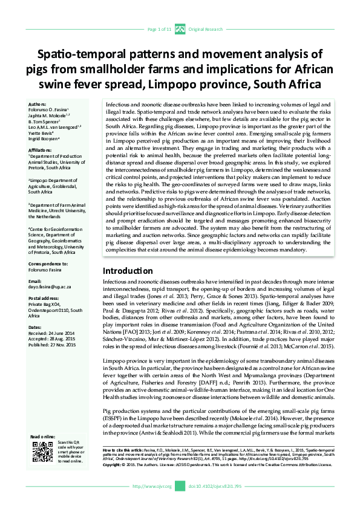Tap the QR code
[x=41, y=452]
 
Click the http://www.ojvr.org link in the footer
[x=152, y=486]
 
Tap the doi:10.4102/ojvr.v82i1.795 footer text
[x=215, y=486]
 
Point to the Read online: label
[x=43, y=436]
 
